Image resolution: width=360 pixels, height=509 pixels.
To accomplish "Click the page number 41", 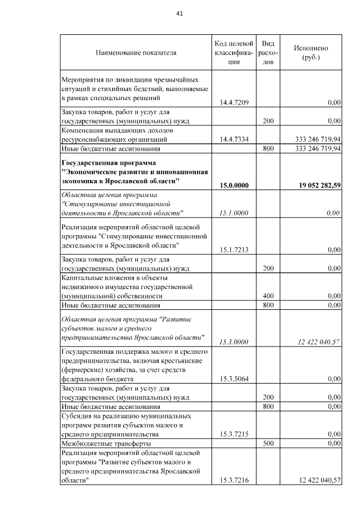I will coord(180,13).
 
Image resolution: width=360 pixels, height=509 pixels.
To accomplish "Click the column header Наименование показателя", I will coord(136,53).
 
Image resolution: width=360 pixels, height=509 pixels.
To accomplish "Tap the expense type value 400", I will coord(268,295).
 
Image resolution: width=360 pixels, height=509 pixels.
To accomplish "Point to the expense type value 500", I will coord(268,443).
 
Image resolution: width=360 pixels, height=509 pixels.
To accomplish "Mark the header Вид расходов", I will coord(268,53).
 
